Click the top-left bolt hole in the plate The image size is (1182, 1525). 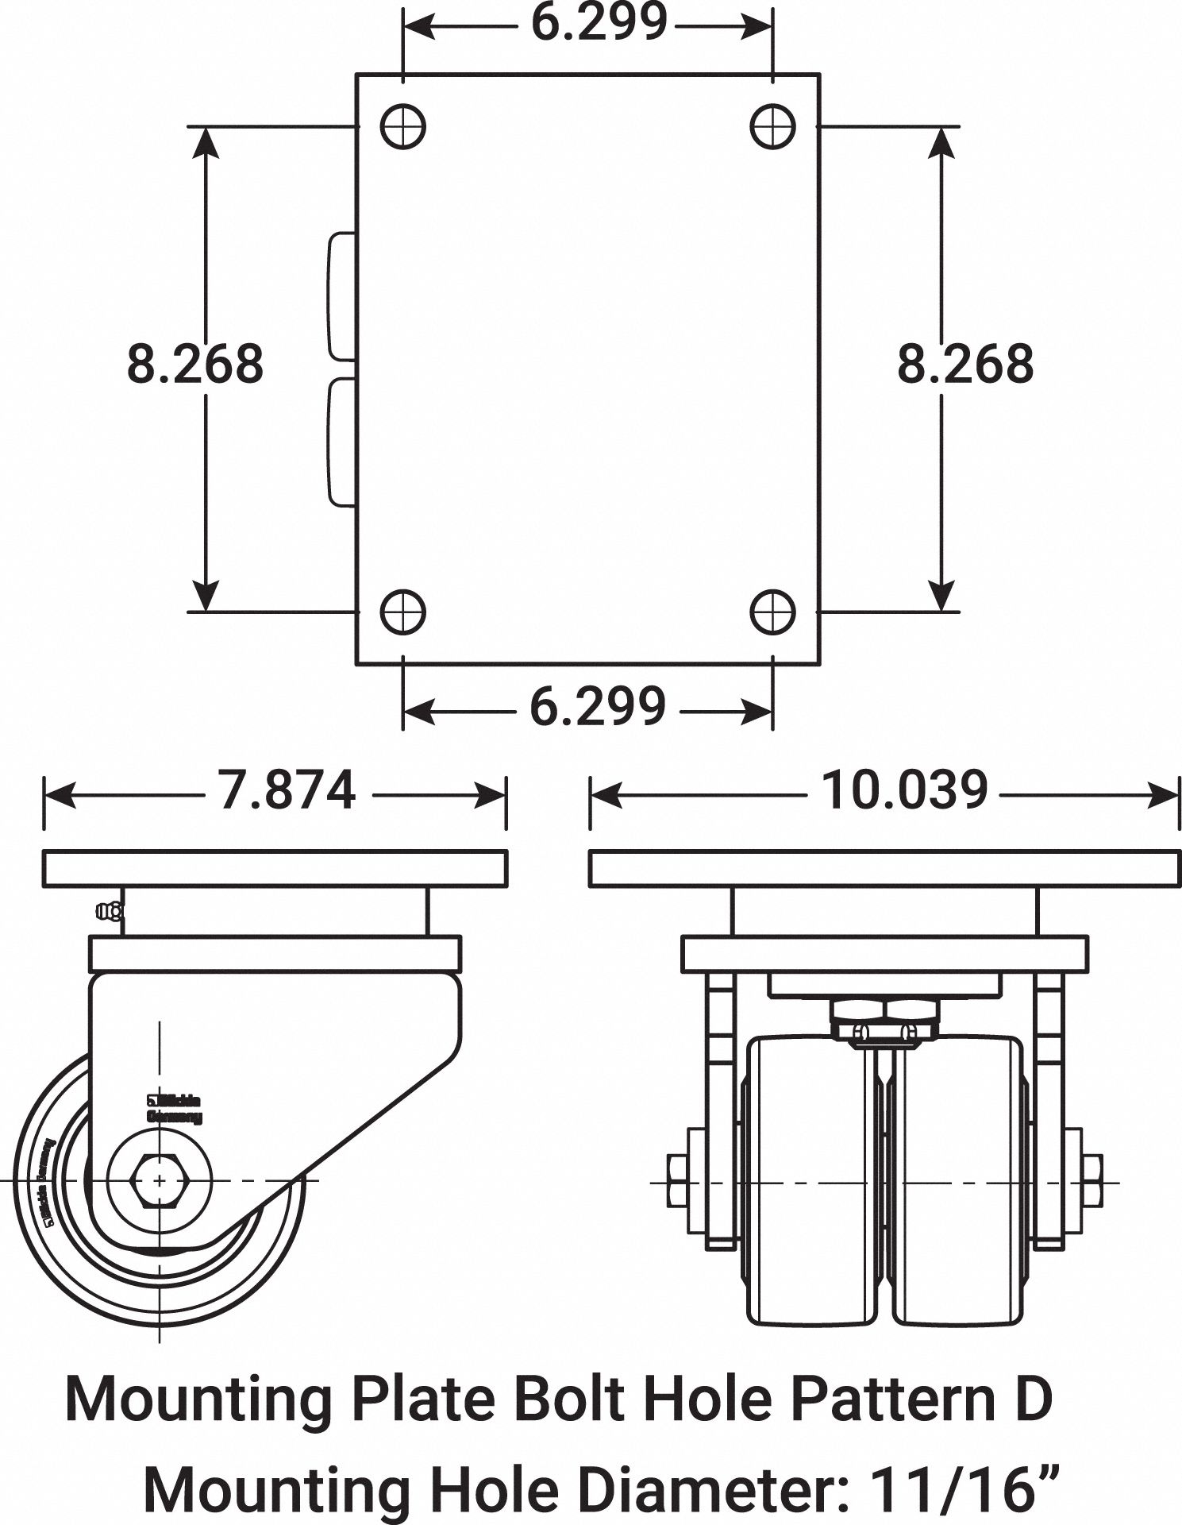click(x=403, y=126)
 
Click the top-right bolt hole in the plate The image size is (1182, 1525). click(x=772, y=126)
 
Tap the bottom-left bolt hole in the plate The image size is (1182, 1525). click(x=403, y=612)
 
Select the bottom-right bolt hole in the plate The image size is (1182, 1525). click(x=772, y=612)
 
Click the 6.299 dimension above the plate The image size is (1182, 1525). click(x=599, y=24)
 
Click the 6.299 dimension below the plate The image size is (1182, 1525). click(x=597, y=706)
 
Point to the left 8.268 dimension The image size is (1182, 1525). click(x=195, y=364)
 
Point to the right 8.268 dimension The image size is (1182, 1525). click(x=965, y=364)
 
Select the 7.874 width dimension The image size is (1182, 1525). click(x=287, y=791)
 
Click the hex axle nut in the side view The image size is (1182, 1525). click(x=160, y=1182)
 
